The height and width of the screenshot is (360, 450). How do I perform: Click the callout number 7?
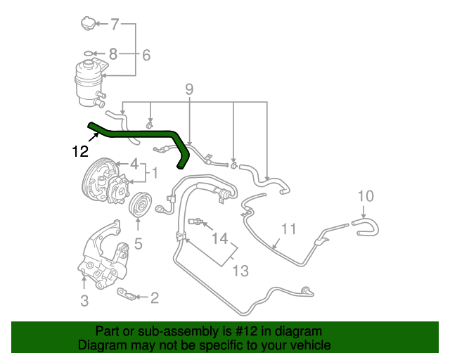pos(116,25)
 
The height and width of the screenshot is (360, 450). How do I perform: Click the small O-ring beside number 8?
pos(87,53)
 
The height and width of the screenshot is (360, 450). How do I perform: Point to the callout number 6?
pos(146,55)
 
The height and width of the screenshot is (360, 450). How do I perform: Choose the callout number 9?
pos(189,89)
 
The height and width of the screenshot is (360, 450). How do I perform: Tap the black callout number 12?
pos(80,150)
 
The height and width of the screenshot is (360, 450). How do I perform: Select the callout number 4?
pos(134,165)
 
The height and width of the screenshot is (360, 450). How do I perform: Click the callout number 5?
pos(139,244)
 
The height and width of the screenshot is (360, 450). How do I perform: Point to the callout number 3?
pos(84,302)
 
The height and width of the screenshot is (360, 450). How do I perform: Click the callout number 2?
pos(154,297)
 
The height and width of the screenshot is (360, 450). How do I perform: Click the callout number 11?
pos(289,229)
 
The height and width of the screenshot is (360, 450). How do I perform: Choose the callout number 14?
pos(221,239)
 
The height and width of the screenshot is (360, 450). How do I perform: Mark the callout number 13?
pos(241,270)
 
